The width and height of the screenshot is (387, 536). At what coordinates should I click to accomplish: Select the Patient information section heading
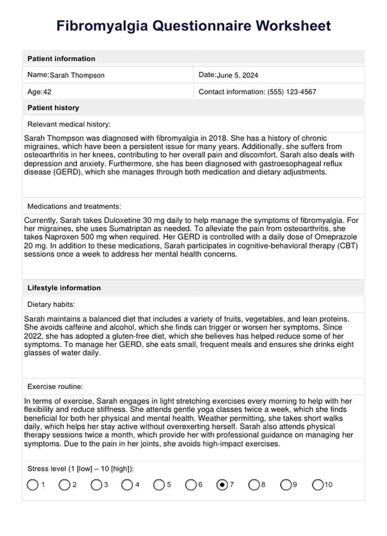tap(61, 59)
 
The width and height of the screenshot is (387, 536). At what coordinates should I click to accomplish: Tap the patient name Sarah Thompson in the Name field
tap(77, 75)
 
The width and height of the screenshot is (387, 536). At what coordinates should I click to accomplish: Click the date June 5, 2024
tap(237, 75)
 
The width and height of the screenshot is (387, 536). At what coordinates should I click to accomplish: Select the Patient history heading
tap(53, 108)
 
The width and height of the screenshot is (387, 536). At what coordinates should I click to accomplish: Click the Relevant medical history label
tap(69, 124)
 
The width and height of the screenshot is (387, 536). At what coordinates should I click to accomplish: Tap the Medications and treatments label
tap(74, 207)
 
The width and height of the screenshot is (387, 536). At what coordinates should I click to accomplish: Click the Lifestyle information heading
tap(64, 288)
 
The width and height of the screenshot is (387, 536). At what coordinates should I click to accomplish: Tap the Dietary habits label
tap(51, 305)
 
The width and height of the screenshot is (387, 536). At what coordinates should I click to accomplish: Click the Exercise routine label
tap(55, 387)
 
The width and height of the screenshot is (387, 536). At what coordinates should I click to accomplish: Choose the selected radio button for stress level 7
tap(222, 485)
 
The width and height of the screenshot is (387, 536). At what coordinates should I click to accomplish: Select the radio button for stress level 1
tap(33, 485)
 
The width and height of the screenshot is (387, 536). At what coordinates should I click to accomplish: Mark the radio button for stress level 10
tap(318, 485)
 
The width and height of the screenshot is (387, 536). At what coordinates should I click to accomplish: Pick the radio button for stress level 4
tap(127, 485)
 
